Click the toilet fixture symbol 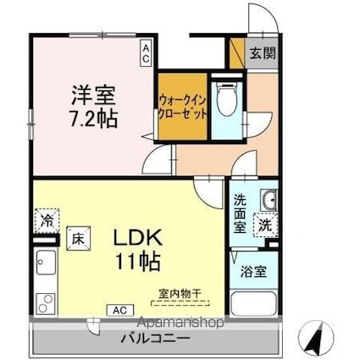pos(226,103)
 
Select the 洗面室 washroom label pos(240,214)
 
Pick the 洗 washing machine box pos(265,226)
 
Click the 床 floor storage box pos(75,239)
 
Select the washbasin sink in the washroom pos(268,200)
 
